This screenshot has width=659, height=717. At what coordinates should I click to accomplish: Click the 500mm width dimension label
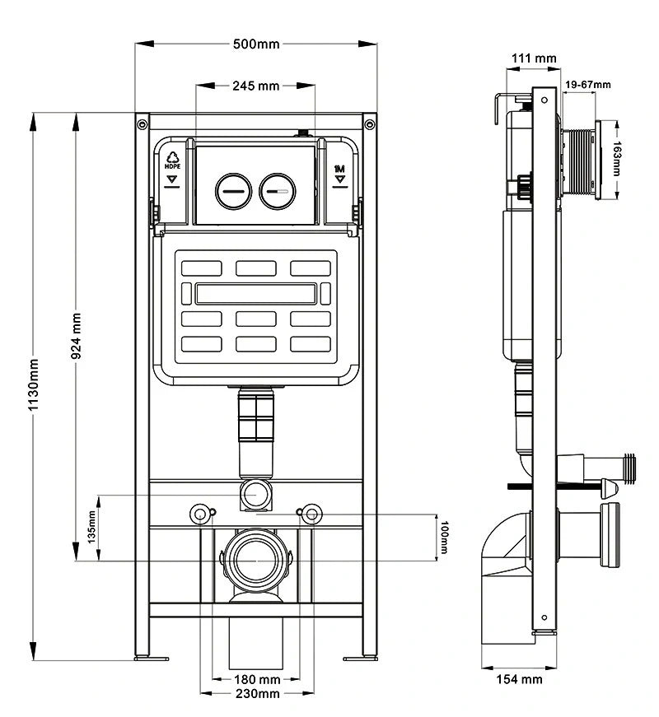pos(256,44)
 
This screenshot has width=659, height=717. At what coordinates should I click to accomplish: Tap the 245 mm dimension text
pos(256,86)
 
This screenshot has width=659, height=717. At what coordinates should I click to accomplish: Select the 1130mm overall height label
pos(34,384)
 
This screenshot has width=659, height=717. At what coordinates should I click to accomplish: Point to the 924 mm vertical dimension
pos(77,336)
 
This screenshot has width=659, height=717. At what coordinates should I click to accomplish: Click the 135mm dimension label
pos(91,527)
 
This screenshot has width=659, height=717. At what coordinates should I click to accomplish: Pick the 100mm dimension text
pos(444,537)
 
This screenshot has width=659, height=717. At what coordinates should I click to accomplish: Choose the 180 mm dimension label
pos(257,679)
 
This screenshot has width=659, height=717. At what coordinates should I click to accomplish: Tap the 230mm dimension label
pos(257,694)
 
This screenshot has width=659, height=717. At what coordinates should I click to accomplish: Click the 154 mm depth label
pos(519,679)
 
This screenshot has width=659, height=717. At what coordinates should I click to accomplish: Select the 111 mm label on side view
pos(534,58)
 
